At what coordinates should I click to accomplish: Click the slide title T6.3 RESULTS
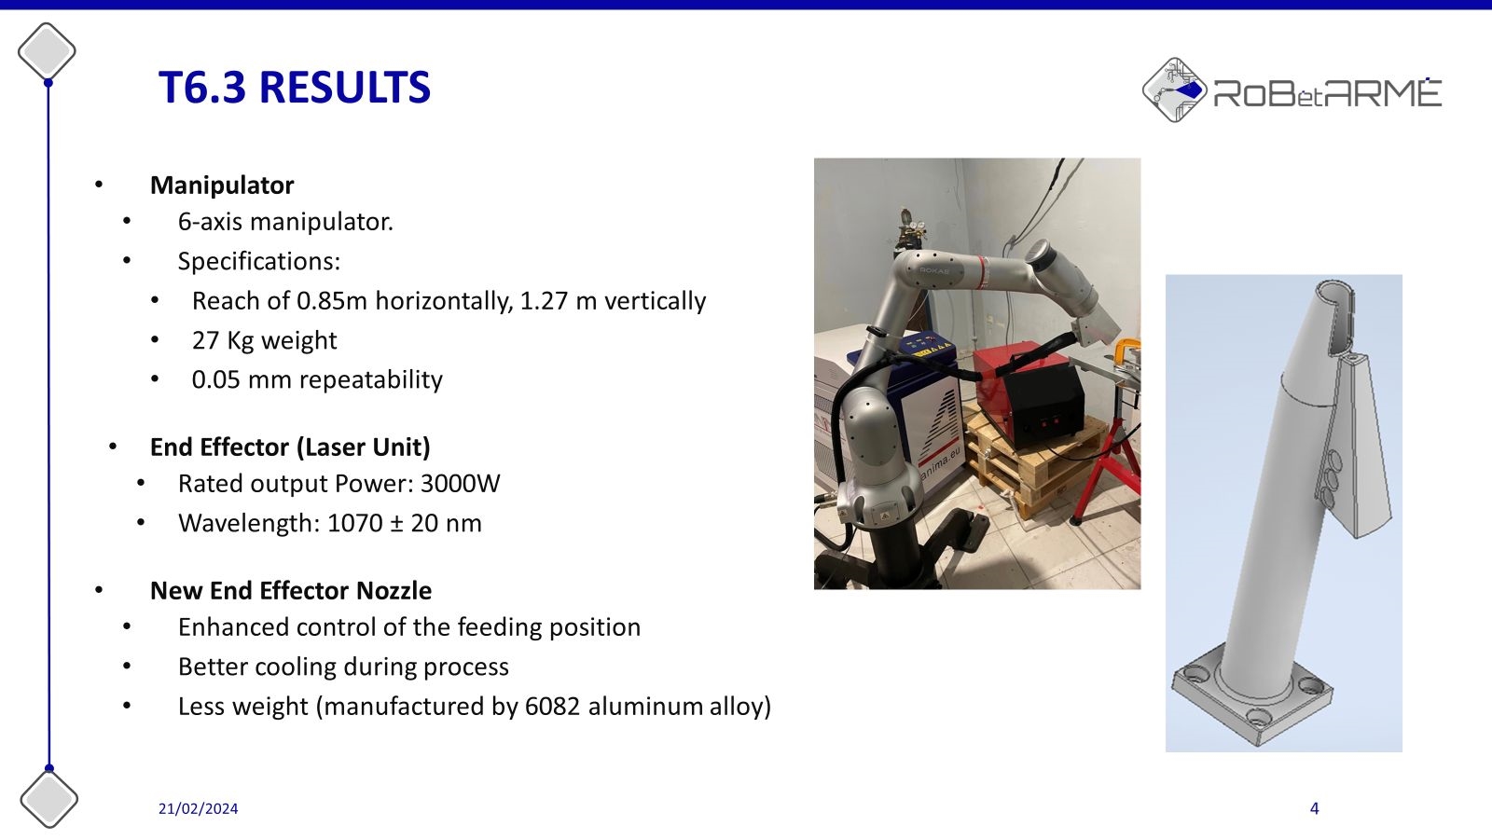295,88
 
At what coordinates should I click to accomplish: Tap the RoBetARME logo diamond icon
1174,89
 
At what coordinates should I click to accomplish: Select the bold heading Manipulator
222,186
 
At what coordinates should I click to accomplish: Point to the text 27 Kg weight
265,340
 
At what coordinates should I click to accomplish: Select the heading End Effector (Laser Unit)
290,447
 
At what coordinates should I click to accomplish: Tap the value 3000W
461,484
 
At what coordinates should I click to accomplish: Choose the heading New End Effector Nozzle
291,591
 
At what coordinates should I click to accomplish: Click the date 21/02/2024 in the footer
198,808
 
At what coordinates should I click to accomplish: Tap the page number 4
1314,808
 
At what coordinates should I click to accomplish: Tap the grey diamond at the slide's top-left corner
47,51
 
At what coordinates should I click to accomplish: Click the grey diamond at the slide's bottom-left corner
48,799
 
